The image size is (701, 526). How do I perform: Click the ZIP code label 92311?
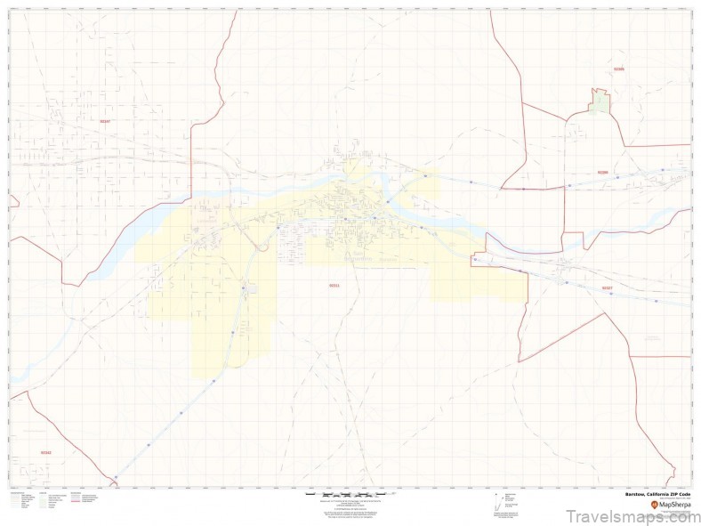[x=334, y=286]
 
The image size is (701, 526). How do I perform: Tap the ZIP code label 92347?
[x=105, y=121]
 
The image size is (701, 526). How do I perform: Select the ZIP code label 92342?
[x=45, y=452]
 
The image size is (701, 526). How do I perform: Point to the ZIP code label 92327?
[x=607, y=288]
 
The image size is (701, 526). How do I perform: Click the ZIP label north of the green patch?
[x=619, y=69]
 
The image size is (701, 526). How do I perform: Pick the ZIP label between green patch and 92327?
[x=602, y=173]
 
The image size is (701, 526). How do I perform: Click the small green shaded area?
[x=600, y=101]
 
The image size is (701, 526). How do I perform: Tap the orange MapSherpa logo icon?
[x=655, y=504]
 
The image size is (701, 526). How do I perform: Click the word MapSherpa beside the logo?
[x=675, y=504]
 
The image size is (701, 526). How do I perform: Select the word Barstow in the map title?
[x=635, y=493]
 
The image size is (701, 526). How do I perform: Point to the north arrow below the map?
[x=496, y=495]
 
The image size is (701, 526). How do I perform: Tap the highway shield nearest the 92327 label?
[x=611, y=294]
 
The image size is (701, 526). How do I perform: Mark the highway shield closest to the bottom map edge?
[x=116, y=477]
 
